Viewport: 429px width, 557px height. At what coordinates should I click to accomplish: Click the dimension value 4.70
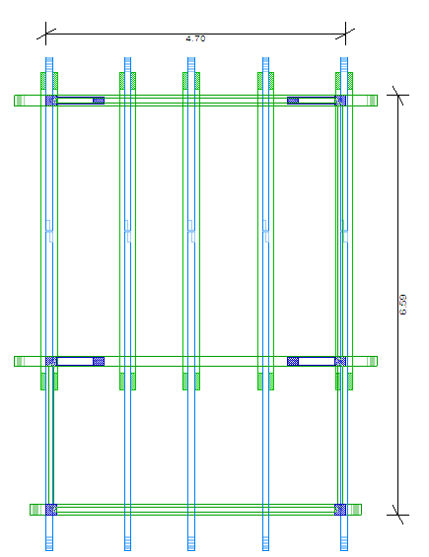tap(195, 38)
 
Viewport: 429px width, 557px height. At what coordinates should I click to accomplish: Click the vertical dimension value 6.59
tap(402, 305)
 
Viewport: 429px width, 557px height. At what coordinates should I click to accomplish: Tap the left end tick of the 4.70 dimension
tap(45, 35)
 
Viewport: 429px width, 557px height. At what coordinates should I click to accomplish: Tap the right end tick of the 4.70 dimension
tap(345, 35)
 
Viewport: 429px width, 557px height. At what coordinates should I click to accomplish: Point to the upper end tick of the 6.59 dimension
tap(398, 96)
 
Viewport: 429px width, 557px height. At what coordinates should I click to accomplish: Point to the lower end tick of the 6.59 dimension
tap(398, 515)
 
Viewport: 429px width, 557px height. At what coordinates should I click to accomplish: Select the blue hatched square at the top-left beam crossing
tap(51, 101)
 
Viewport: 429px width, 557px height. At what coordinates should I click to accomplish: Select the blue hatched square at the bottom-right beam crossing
tap(340, 510)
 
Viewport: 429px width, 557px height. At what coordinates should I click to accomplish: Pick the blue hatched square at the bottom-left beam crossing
tap(51, 510)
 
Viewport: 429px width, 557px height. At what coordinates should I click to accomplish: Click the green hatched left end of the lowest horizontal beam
tap(36, 510)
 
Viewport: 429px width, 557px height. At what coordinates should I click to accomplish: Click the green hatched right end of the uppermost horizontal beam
tap(372, 101)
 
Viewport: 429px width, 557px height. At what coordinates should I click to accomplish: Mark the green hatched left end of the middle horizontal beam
tap(20, 361)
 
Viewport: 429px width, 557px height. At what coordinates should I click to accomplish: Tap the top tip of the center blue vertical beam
tap(191, 57)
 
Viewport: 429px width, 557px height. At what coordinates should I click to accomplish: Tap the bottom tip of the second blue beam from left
tap(127, 550)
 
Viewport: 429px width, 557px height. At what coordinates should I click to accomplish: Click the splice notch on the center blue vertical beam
tap(191, 232)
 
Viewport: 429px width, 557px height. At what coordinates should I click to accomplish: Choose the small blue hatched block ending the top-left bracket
tap(99, 101)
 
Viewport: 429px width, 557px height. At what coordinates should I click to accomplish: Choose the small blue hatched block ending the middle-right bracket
tap(293, 361)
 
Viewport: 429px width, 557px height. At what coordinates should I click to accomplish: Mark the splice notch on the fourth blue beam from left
tap(266, 232)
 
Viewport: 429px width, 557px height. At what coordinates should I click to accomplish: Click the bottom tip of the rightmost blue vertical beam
tap(344, 550)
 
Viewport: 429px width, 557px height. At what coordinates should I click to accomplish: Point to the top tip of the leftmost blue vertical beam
tap(49, 57)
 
